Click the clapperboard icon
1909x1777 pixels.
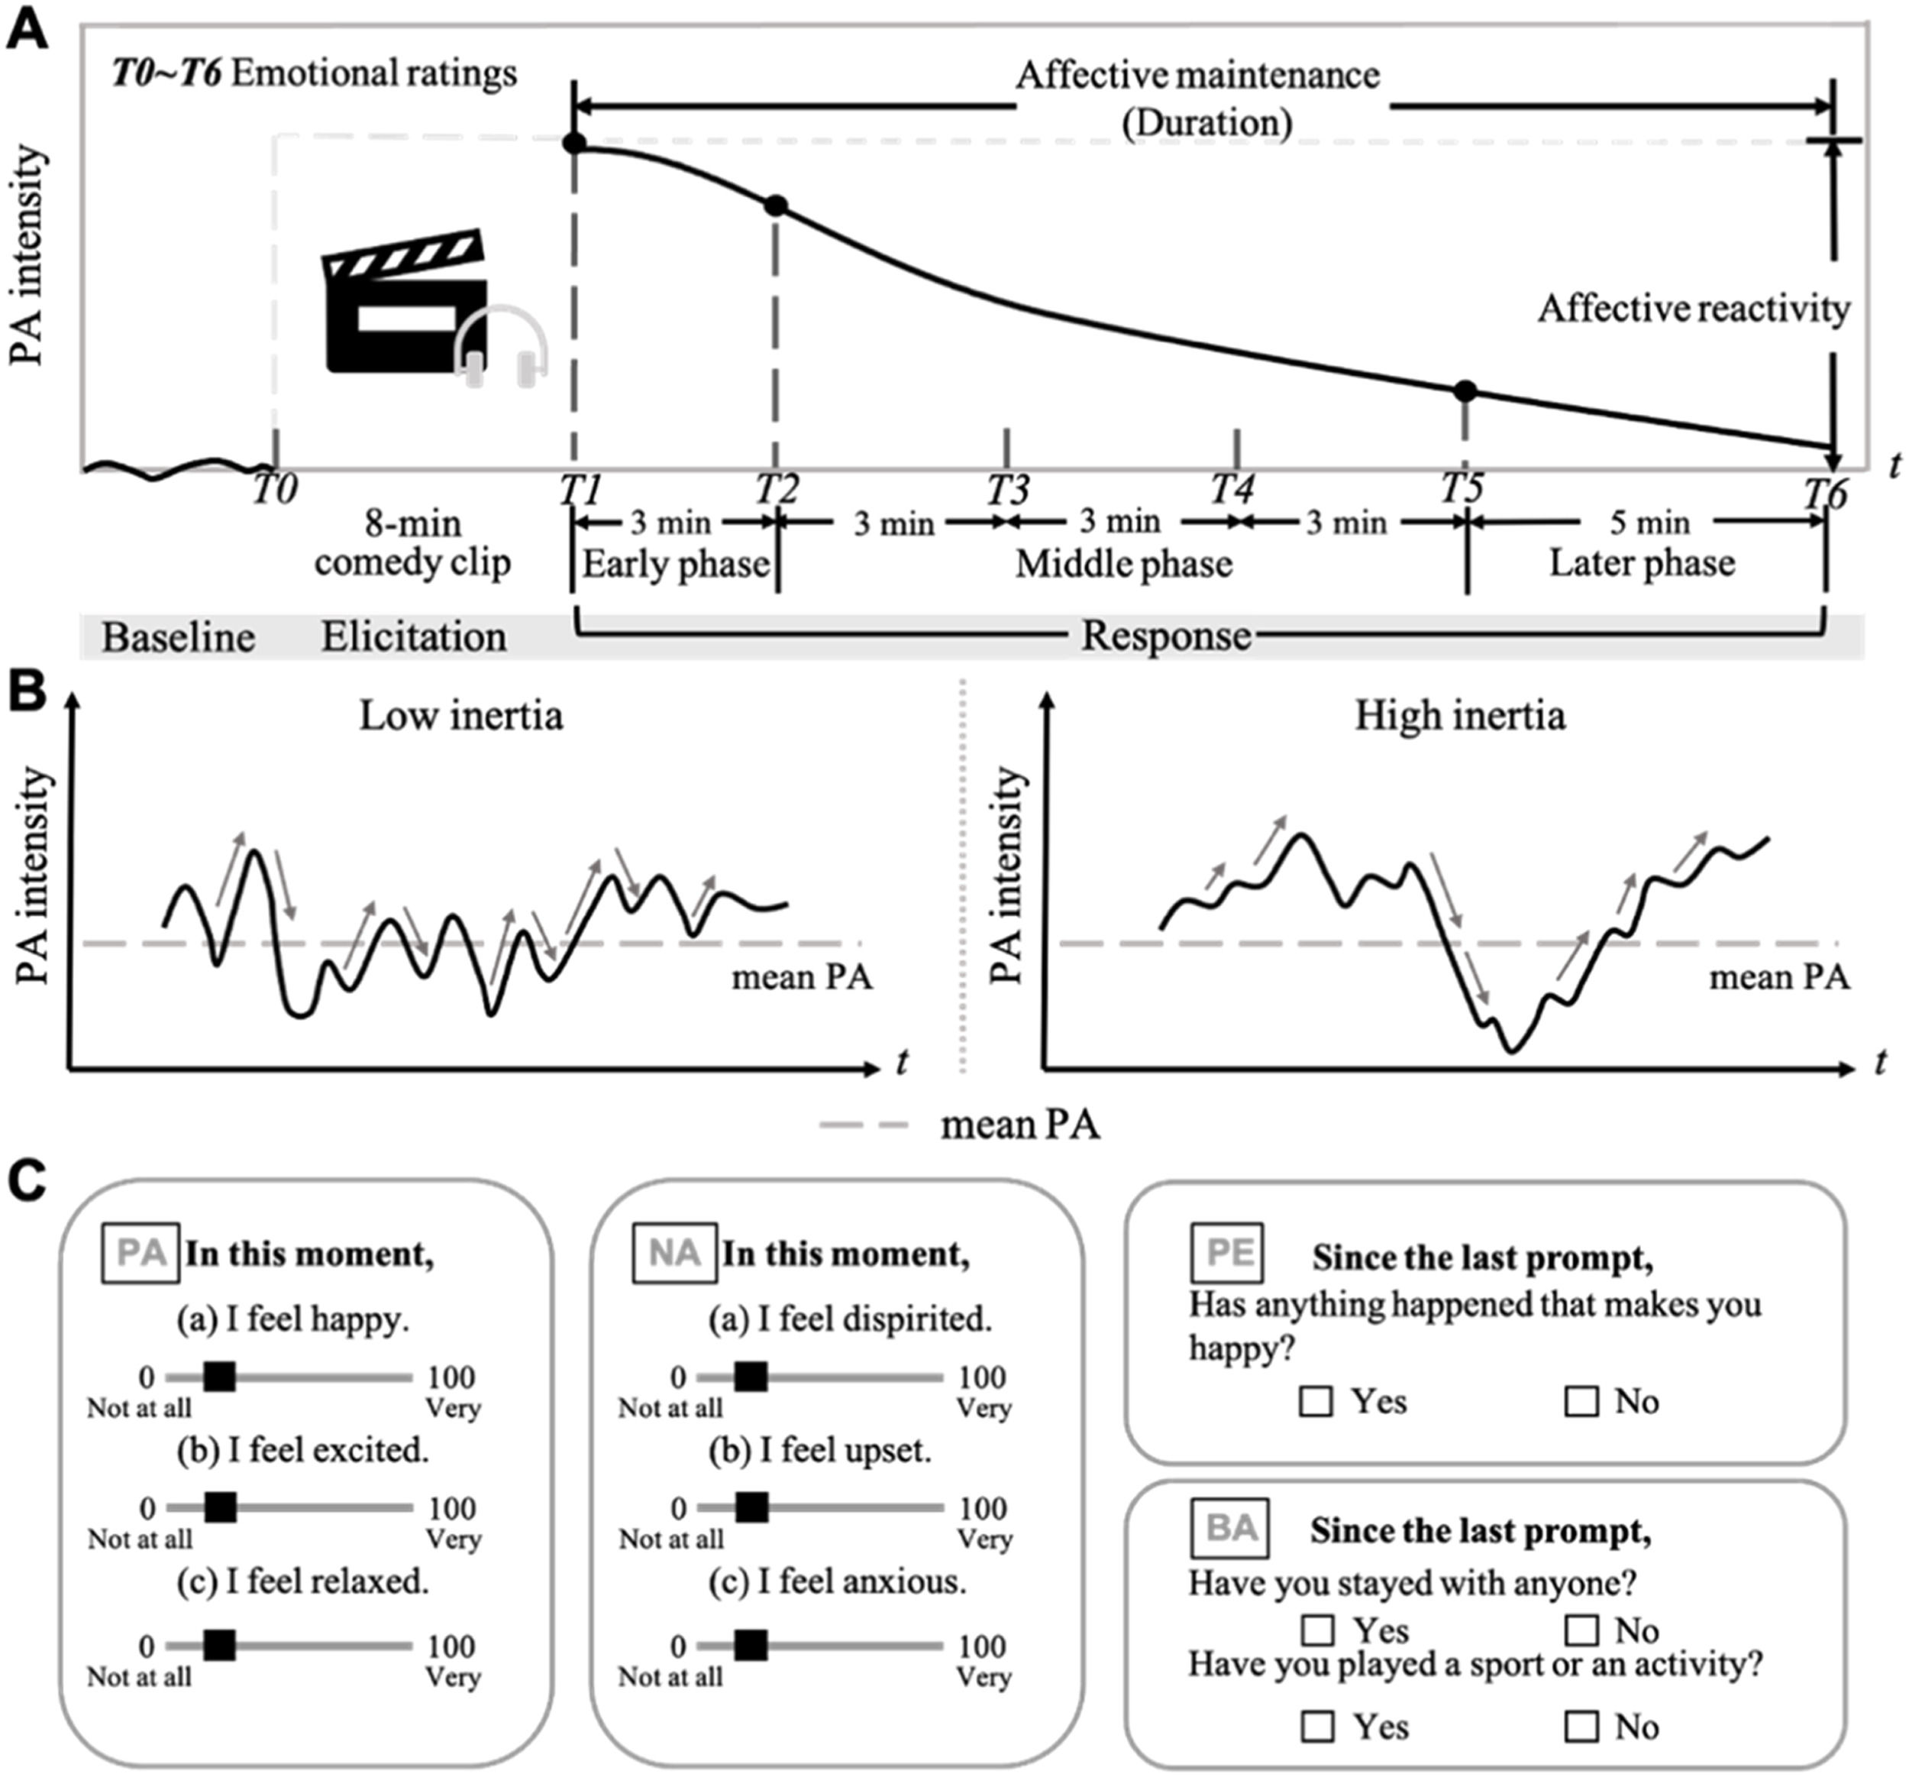(x=405, y=302)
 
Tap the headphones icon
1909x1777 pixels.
(x=500, y=347)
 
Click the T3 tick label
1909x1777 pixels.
(x=1007, y=490)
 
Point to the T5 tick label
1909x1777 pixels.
(x=1462, y=488)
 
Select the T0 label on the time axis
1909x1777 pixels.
(x=275, y=490)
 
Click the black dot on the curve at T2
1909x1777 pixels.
(x=776, y=206)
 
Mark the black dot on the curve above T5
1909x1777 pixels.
(x=1465, y=391)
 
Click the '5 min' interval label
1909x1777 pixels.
(x=1649, y=523)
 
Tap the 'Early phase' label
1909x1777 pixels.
(x=675, y=564)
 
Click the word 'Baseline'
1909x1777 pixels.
(x=179, y=638)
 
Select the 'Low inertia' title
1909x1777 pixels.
(x=461, y=716)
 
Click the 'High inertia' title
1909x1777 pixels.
(x=1459, y=716)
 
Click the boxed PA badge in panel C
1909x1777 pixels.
(x=141, y=1253)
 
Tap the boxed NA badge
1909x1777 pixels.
(x=674, y=1253)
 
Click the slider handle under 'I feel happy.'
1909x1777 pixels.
(x=220, y=1377)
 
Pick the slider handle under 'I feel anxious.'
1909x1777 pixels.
(x=751, y=1646)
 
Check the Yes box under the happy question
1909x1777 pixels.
(x=1316, y=1401)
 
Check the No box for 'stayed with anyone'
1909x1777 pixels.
(x=1581, y=1630)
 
